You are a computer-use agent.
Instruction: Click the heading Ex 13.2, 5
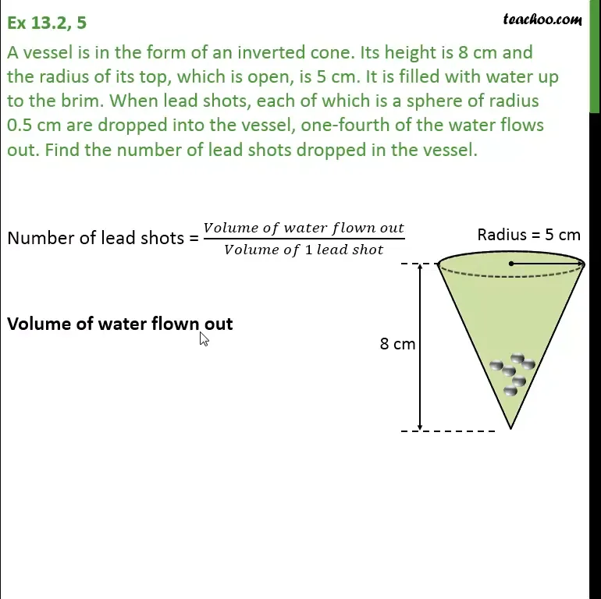click(x=47, y=23)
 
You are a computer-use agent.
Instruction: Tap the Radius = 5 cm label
click(x=528, y=234)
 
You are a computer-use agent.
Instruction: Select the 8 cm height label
click(x=397, y=343)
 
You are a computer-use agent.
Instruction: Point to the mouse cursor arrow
click(x=203, y=338)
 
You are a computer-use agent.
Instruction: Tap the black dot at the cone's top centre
click(x=511, y=264)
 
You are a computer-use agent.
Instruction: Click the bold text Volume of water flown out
click(x=119, y=324)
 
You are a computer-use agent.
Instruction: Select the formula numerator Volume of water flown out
click(x=304, y=228)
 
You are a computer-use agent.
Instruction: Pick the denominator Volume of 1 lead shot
click(x=304, y=250)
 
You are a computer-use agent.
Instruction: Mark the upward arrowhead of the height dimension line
click(x=420, y=268)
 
